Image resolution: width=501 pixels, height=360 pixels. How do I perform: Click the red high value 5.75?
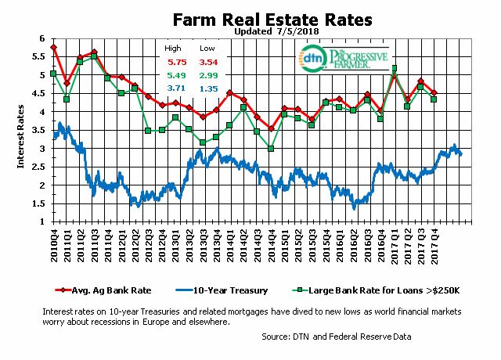pyautogui.click(x=171, y=60)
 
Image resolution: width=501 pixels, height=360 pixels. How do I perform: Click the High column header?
pyautogui.click(x=171, y=47)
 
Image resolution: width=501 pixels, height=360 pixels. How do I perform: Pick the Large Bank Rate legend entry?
pyautogui.click(x=369, y=290)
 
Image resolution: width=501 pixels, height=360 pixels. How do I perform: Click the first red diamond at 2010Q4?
pyautogui.click(x=53, y=48)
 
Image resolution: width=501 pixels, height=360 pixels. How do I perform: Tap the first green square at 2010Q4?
pyautogui.click(x=53, y=74)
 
